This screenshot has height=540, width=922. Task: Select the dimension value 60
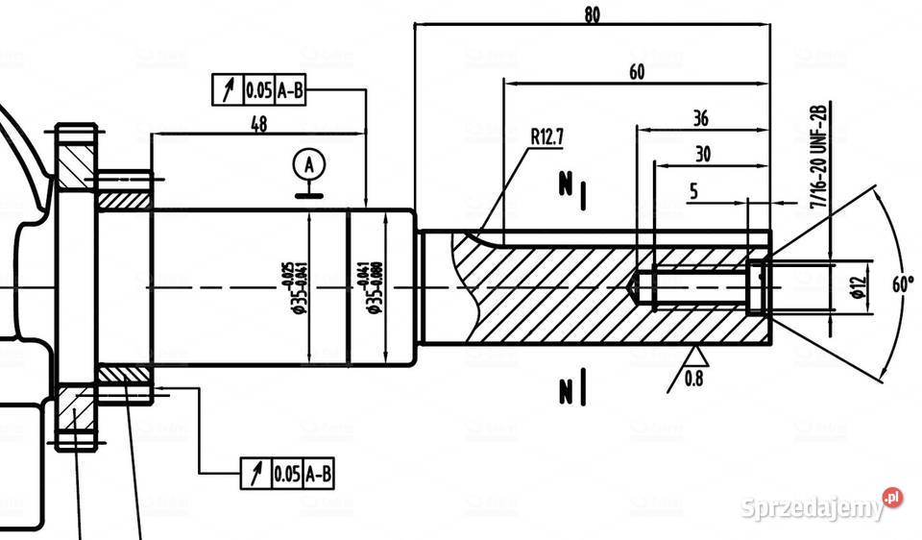coord(637,72)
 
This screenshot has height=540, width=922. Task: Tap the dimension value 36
coord(700,118)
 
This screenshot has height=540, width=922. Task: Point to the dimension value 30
coord(703,154)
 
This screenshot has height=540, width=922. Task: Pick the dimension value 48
coord(258,124)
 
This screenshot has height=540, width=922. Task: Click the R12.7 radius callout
coord(547,135)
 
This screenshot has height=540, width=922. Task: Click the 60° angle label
coord(904,285)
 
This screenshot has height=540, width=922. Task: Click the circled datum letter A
coord(309,164)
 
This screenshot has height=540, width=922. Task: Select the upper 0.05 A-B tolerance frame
coord(259,90)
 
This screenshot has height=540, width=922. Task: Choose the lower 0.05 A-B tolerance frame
coord(287,473)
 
